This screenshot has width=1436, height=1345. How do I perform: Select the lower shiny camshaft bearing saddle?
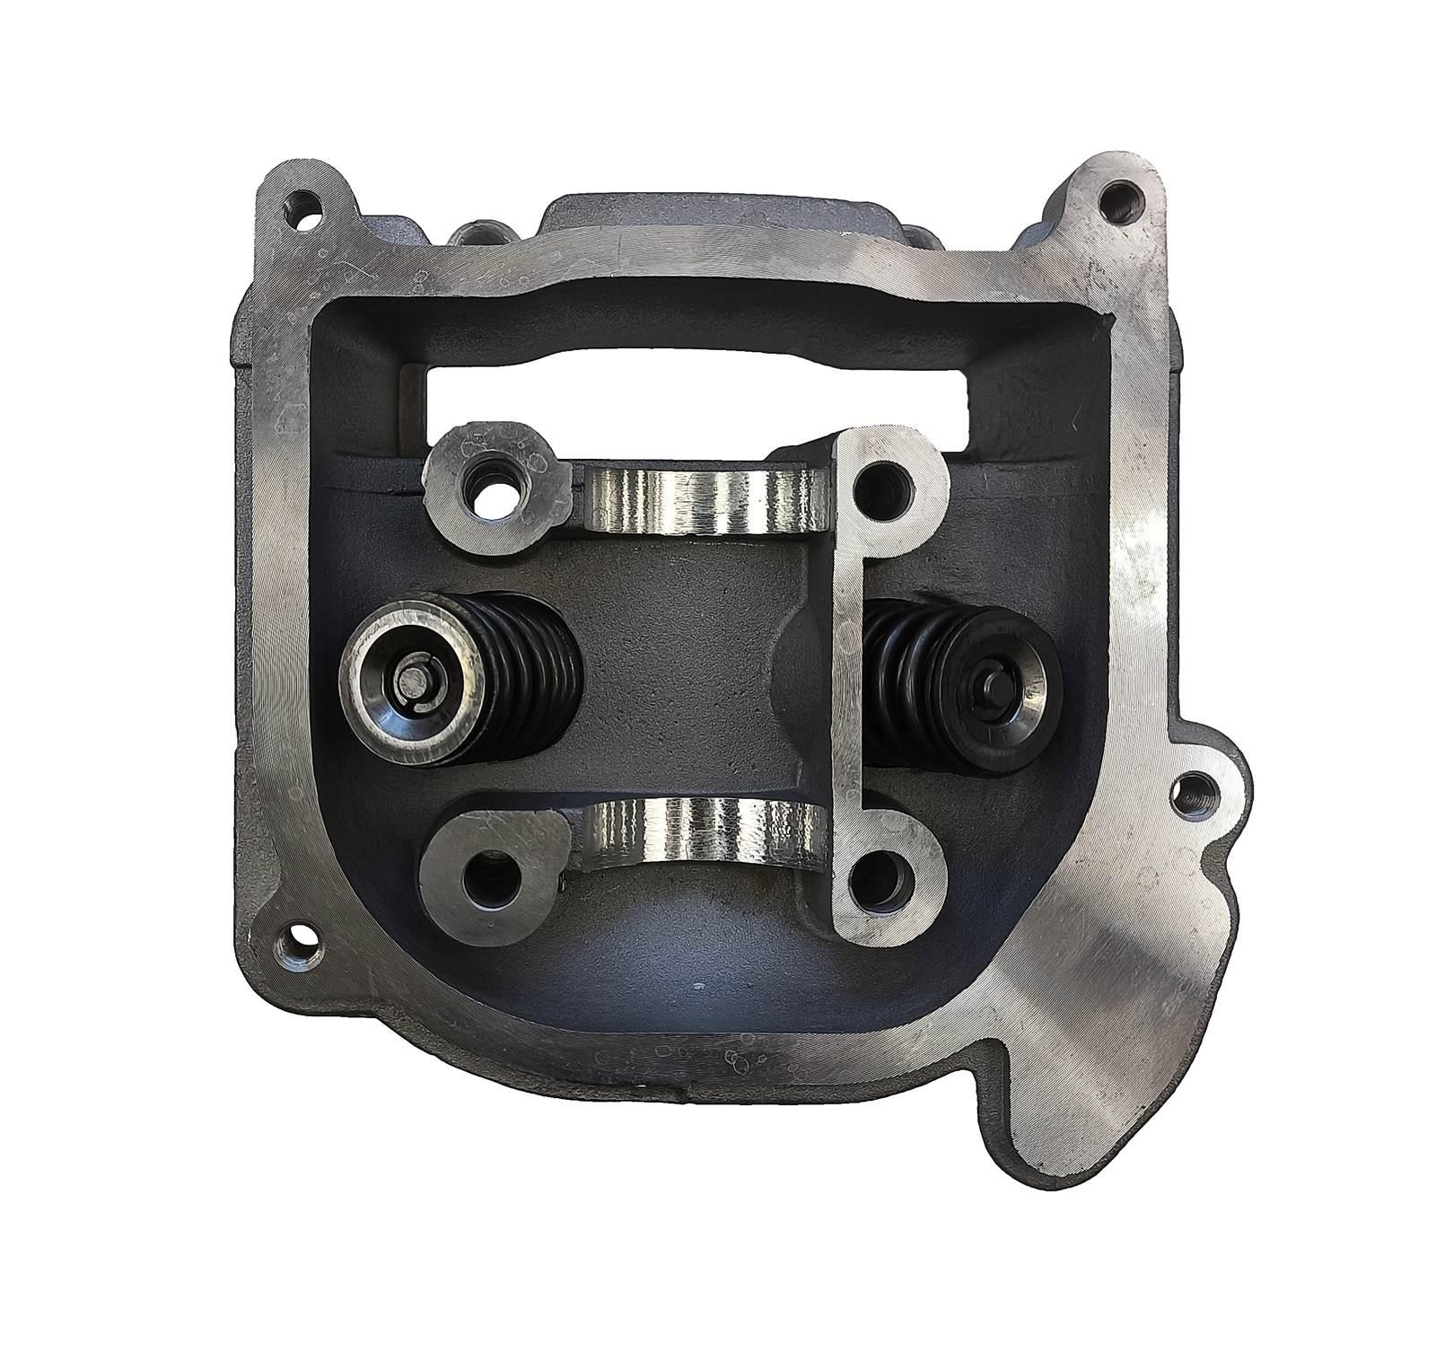pos(705,835)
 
